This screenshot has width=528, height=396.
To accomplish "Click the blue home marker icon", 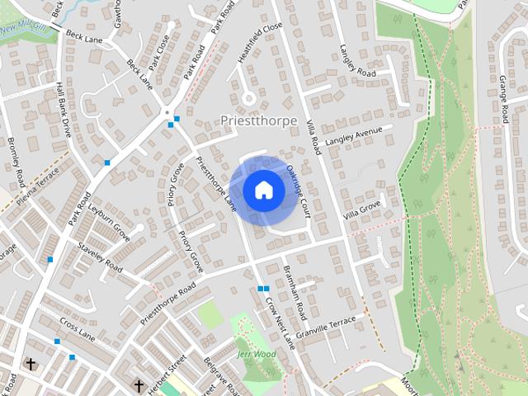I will click(263, 190).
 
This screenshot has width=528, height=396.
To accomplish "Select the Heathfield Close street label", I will click(261, 36).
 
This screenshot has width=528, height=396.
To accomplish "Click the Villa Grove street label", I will click(362, 206).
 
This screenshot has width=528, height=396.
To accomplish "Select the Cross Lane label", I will click(78, 331).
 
